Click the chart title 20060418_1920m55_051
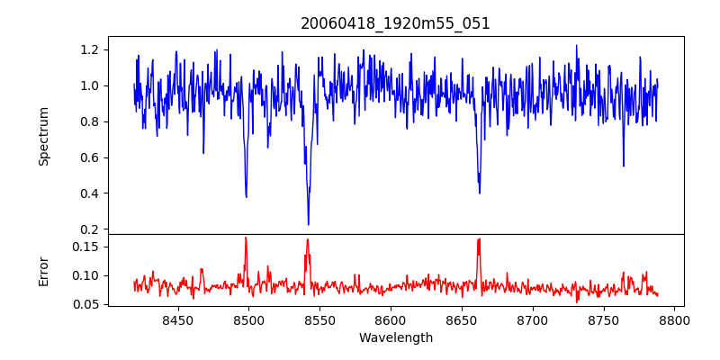[395, 23]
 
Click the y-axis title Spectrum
[43, 136]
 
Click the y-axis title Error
[43, 271]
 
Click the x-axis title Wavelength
[395, 338]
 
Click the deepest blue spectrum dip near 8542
[308, 224]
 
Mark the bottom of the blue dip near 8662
[480, 193]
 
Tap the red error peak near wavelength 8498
[246, 238]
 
